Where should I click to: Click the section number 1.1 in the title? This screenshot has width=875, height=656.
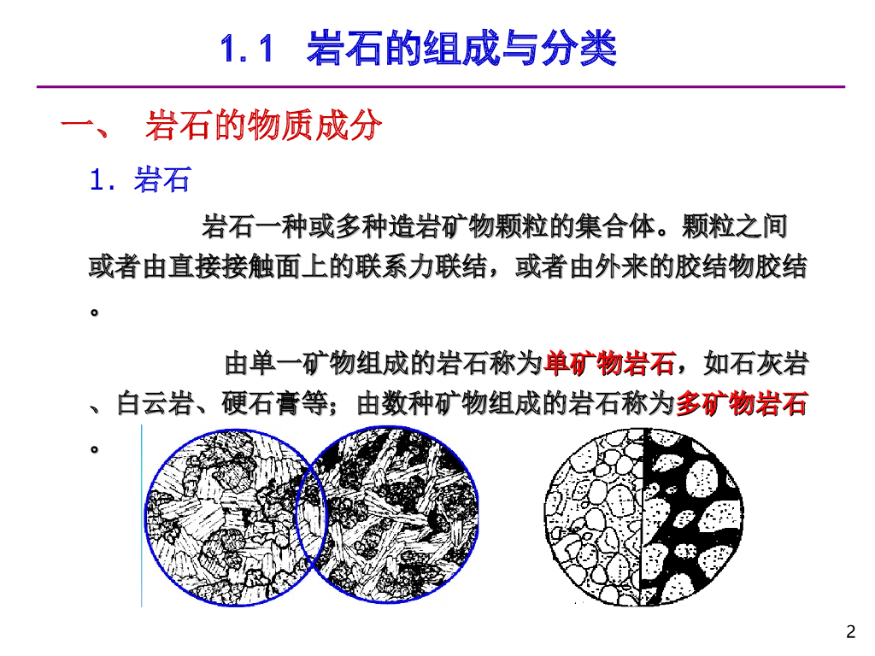(x=247, y=49)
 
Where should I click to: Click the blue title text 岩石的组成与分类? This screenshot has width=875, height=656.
(x=462, y=48)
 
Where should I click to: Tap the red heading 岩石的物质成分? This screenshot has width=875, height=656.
(x=263, y=125)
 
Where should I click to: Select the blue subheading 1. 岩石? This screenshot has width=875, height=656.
(x=140, y=179)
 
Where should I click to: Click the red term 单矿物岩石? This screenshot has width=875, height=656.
(x=609, y=363)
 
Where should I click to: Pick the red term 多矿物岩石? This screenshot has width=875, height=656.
(x=742, y=403)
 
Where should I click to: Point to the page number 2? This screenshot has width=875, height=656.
(x=850, y=631)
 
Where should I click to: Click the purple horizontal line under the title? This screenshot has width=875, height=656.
(x=441, y=86)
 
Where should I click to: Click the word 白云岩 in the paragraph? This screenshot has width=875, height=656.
(x=156, y=403)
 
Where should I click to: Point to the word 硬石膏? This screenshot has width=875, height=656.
(x=261, y=403)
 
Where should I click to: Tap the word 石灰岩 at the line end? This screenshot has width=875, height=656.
(x=769, y=363)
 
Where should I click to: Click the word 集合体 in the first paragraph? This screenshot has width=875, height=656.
(x=615, y=226)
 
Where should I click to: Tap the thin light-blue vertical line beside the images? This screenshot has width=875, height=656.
(x=142, y=515)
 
